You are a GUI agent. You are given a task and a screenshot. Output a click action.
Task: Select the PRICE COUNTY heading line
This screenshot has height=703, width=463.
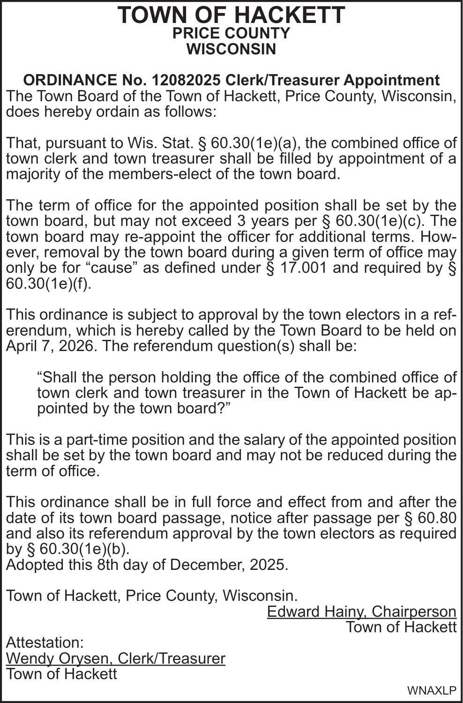coord(231,33)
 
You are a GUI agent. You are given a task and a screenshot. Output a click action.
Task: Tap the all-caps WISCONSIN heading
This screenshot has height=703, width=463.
coord(231,49)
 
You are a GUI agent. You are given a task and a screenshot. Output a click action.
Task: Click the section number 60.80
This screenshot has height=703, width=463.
coord(436,518)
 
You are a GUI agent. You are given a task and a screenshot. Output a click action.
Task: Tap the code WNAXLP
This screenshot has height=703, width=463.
coord(432,691)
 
